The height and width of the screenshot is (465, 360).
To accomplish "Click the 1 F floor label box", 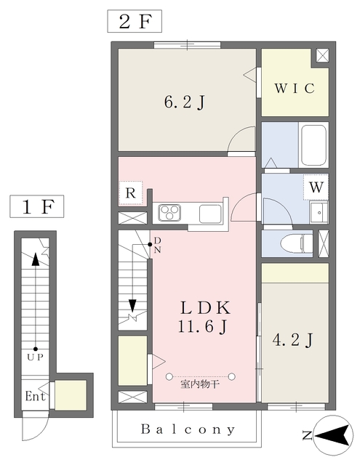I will [x=36, y=208].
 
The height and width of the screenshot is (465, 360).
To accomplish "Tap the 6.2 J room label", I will [x=183, y=102].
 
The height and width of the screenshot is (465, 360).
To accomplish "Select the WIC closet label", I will [x=294, y=89].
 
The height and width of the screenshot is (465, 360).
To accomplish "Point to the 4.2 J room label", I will [x=293, y=339].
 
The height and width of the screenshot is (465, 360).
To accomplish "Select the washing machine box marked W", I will [x=316, y=187].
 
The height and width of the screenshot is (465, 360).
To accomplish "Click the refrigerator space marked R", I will [x=129, y=193].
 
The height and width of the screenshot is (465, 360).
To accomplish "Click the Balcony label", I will [x=188, y=429].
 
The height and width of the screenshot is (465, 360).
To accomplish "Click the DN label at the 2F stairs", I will [x=156, y=246].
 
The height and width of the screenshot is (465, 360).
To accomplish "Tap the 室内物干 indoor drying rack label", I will [x=200, y=384].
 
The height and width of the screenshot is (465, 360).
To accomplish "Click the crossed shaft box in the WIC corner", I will [x=321, y=56].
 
